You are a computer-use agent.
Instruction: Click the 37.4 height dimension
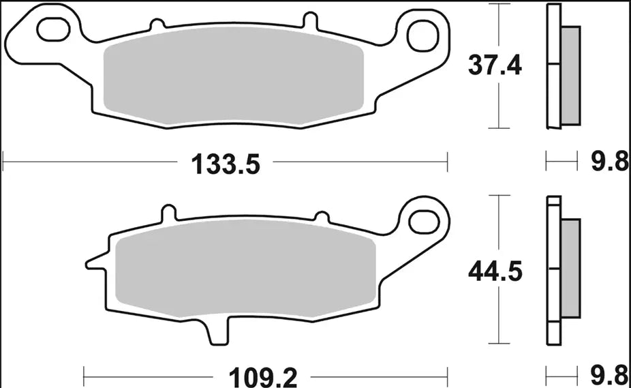[x=494, y=66]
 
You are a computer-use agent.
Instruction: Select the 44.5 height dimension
[x=495, y=271]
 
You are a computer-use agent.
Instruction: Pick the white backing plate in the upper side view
[x=553, y=68]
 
